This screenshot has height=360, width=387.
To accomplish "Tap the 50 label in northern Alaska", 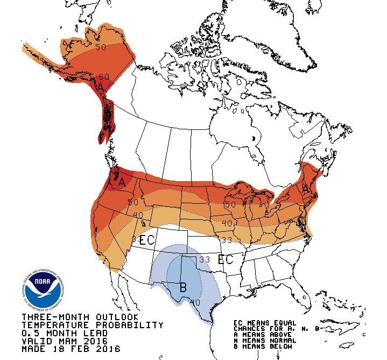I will (101, 47).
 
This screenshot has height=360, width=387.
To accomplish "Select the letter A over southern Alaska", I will (100, 87).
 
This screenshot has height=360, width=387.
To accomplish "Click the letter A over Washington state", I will (122, 182).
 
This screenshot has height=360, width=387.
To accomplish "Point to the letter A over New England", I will (306, 188).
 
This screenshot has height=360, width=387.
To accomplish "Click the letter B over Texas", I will (182, 287).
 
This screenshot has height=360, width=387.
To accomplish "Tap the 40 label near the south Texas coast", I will (196, 303).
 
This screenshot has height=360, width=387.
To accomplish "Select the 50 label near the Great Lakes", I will (230, 205).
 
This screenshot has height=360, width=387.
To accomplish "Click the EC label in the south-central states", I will (225, 260).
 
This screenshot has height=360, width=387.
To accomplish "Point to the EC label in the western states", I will (146, 240).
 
